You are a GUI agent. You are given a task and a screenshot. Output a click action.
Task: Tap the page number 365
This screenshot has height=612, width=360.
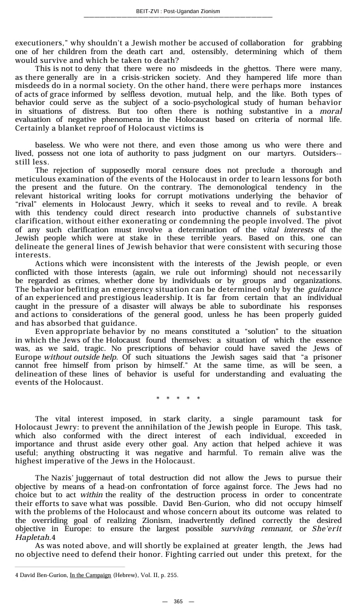[x=178, y=601]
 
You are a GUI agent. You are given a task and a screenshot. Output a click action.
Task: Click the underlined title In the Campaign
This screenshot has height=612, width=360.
[x=90, y=575]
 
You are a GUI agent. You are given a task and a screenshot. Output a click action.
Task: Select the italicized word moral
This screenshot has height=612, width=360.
[x=331, y=111]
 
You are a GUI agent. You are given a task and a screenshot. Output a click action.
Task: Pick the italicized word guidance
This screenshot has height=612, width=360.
[x=325, y=289]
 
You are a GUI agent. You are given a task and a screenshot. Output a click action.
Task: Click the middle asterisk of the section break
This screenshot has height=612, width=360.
[x=178, y=398]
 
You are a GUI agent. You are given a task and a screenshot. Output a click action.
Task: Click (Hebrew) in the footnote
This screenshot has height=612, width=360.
[x=126, y=575]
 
